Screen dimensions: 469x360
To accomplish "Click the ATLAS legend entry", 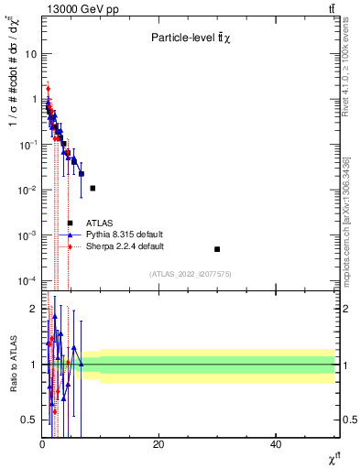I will tap(100, 223).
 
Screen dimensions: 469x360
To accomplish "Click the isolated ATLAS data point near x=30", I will tap(217, 249).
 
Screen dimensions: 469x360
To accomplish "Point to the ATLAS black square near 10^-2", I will tap(93, 188).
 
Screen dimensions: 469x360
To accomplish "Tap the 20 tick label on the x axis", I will tap(158, 444).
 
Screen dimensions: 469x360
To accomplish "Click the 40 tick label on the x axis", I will tap(276, 444).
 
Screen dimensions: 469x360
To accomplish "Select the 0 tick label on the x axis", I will tap(42, 444).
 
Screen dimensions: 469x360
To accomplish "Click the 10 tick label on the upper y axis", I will tap(31, 54).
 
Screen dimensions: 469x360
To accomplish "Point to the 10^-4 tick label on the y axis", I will tap(27, 280).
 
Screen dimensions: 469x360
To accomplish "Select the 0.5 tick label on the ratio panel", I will tap(31, 420).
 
